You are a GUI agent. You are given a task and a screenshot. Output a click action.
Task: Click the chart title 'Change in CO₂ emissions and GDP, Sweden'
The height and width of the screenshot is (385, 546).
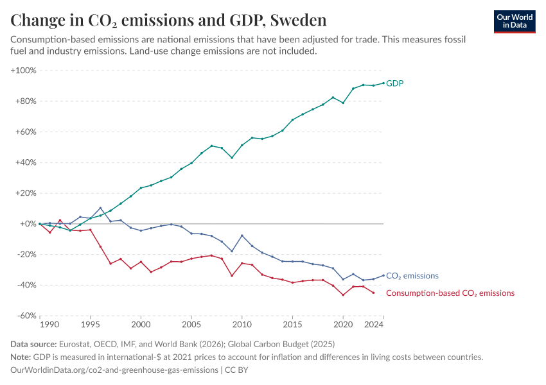click(168, 20)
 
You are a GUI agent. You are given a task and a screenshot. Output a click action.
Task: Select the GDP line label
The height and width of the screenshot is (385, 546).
click(394, 83)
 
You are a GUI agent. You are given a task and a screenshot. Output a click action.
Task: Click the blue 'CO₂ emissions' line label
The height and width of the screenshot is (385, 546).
click(412, 276)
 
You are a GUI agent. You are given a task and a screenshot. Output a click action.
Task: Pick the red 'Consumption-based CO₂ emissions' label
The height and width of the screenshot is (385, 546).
click(450, 293)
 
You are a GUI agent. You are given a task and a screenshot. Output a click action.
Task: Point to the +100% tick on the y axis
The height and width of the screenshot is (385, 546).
click(24, 70)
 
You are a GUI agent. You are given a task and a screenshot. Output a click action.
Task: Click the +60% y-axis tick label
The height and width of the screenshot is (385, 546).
click(25, 132)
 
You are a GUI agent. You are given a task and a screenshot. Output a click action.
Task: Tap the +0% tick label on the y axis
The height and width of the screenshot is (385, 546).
click(27, 224)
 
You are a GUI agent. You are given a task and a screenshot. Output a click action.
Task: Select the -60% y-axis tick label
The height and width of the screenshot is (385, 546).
click(26, 316)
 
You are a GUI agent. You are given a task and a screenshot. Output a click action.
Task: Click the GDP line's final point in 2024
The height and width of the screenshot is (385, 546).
click(383, 83)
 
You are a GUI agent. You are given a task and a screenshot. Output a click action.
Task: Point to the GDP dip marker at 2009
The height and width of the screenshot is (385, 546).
click(232, 158)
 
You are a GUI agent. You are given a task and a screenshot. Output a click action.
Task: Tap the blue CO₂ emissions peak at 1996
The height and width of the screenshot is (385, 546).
click(100, 208)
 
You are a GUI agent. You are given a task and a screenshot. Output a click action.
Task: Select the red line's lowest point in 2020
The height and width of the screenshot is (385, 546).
click(343, 295)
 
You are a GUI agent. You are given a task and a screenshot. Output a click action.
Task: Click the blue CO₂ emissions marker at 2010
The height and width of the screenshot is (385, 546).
click(242, 235)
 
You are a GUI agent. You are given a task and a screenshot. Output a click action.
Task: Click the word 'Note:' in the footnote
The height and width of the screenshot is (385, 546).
click(22, 357)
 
